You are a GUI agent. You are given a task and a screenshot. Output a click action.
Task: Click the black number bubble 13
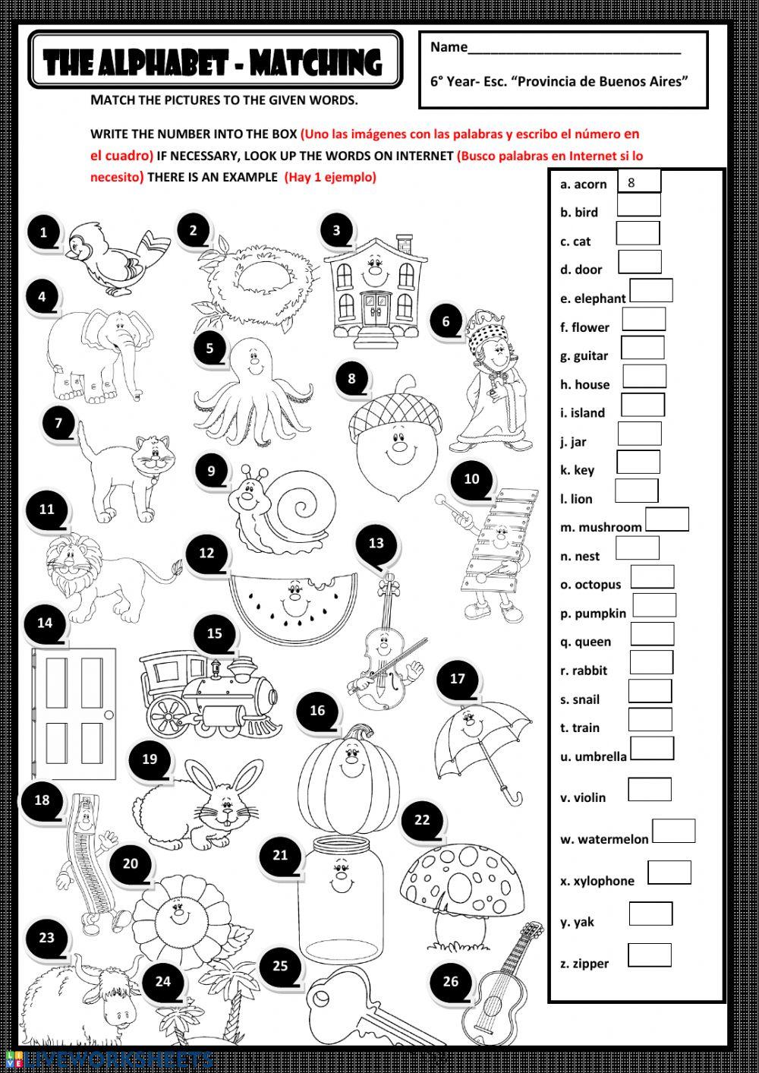pos(376,544)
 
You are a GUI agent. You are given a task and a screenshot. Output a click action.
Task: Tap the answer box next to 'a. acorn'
pos(640,182)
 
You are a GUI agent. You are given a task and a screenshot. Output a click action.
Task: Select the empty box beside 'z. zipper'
pos(650,955)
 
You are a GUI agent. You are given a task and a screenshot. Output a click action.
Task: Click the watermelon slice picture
pos(293,598)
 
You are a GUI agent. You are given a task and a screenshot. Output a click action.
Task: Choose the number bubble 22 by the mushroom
pos(422,821)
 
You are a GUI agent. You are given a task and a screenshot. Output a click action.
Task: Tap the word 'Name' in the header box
pos(449,47)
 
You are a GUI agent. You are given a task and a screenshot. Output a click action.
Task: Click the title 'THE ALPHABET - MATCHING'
pos(214,62)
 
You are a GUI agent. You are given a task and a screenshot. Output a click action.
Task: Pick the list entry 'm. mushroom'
pos(601,527)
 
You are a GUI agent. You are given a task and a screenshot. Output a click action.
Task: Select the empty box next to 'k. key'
pos(638,462)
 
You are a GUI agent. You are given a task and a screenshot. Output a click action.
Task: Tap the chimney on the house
pos(404,245)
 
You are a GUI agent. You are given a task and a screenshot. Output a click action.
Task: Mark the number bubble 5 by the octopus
pos(210,350)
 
